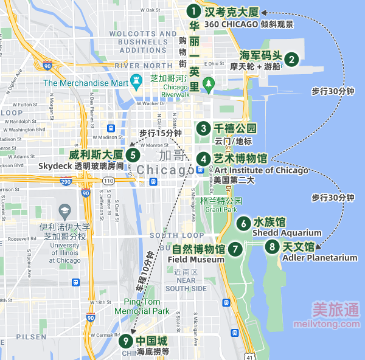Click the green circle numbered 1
click(193, 12)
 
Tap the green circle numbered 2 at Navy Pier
click(292, 59)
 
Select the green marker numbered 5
click(133, 154)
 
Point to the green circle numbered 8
click(273, 246)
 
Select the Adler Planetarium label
click(320, 258)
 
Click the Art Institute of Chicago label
click(261, 170)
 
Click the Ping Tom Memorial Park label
click(147, 306)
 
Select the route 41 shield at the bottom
click(249, 355)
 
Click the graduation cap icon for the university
click(64, 210)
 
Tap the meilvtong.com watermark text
click(335, 324)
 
